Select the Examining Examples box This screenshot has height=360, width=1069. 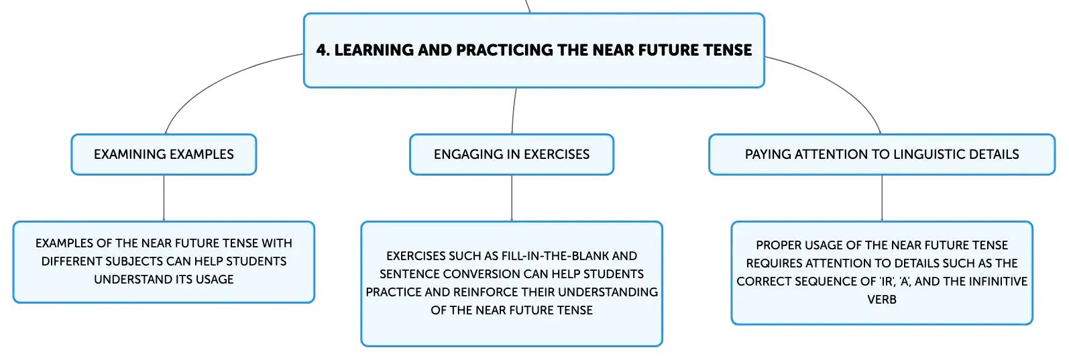pyautogui.click(x=164, y=154)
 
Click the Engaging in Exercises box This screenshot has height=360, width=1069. pyautogui.click(x=512, y=154)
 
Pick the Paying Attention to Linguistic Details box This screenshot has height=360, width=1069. pyautogui.click(x=882, y=154)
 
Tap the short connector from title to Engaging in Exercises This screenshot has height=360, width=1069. pyautogui.click(x=514, y=111)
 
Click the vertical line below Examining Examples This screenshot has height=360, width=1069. pyautogui.click(x=164, y=198)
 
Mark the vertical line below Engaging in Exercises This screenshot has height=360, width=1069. pyautogui.click(x=512, y=198)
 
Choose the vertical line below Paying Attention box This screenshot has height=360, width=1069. pyautogui.click(x=882, y=198)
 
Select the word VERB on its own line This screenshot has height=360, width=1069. pyautogui.click(x=882, y=300)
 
